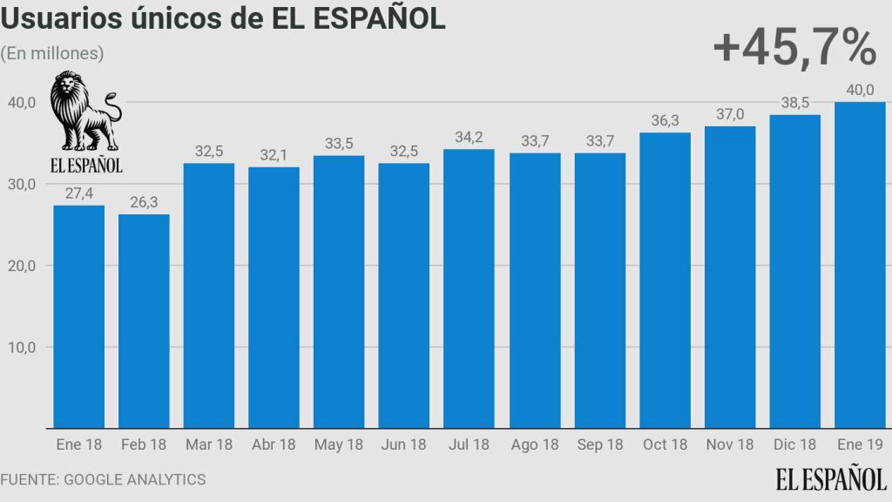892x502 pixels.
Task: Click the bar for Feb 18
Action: coord(144,322)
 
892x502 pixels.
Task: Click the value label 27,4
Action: coord(78,190)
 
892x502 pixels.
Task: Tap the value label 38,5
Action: coord(794,101)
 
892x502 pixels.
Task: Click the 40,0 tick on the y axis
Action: coord(21,102)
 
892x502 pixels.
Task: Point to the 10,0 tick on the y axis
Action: coord(21,347)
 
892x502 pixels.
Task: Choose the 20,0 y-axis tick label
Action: coord(21,265)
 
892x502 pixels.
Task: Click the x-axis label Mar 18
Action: coord(209,444)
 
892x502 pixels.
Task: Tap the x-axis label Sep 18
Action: coord(600,444)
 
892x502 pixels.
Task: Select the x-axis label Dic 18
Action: coord(794,444)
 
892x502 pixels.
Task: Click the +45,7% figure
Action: coord(794,48)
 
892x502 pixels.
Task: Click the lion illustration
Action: coord(84,112)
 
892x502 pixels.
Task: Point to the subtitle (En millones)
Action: coord(52,53)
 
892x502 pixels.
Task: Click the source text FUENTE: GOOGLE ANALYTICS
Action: coord(103,479)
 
